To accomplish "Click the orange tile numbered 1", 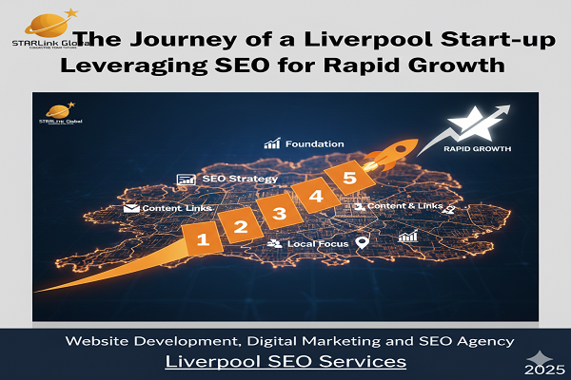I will pyautogui.click(x=202, y=239).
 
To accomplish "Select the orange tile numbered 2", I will pyautogui.click(x=241, y=226).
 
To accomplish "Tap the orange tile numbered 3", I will pyautogui.click(x=279, y=213).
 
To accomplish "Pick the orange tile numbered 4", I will pyautogui.click(x=315, y=196).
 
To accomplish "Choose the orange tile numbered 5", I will pyautogui.click(x=348, y=179).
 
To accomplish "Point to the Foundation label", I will pyautogui.click(x=313, y=144).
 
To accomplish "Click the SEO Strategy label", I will pyautogui.click(x=239, y=179).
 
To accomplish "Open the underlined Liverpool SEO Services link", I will pyautogui.click(x=285, y=362).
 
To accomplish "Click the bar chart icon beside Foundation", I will pyautogui.click(x=272, y=144).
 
